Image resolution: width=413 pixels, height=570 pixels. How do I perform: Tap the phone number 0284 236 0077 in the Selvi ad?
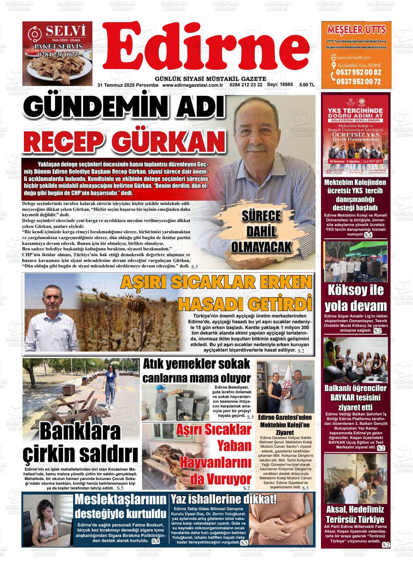point(58,55)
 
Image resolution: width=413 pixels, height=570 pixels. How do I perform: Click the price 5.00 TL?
point(307,85)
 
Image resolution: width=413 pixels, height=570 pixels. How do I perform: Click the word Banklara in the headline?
point(80,431)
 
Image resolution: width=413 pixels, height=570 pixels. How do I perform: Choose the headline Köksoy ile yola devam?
point(355,298)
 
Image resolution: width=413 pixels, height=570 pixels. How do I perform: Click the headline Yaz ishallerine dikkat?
point(224,499)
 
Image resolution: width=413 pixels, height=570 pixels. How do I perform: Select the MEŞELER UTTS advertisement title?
point(356,29)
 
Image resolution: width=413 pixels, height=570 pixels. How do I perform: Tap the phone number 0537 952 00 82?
point(359,72)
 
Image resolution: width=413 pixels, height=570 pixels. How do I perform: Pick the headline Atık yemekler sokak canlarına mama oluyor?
point(197,370)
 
